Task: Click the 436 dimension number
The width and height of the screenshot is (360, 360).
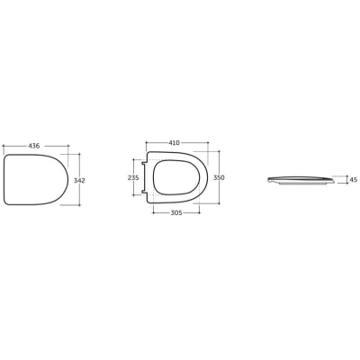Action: tap(34, 146)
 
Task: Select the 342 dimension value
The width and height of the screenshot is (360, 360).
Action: tap(79, 181)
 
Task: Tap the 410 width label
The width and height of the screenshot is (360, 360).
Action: tap(174, 143)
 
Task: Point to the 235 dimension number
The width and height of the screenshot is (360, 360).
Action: tap(133, 177)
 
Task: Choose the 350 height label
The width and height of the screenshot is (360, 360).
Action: tap(219, 177)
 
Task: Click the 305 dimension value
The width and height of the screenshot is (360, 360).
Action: tap(176, 212)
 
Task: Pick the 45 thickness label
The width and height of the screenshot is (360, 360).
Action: tap(354, 180)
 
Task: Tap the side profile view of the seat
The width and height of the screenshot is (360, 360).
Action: tap(300, 180)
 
